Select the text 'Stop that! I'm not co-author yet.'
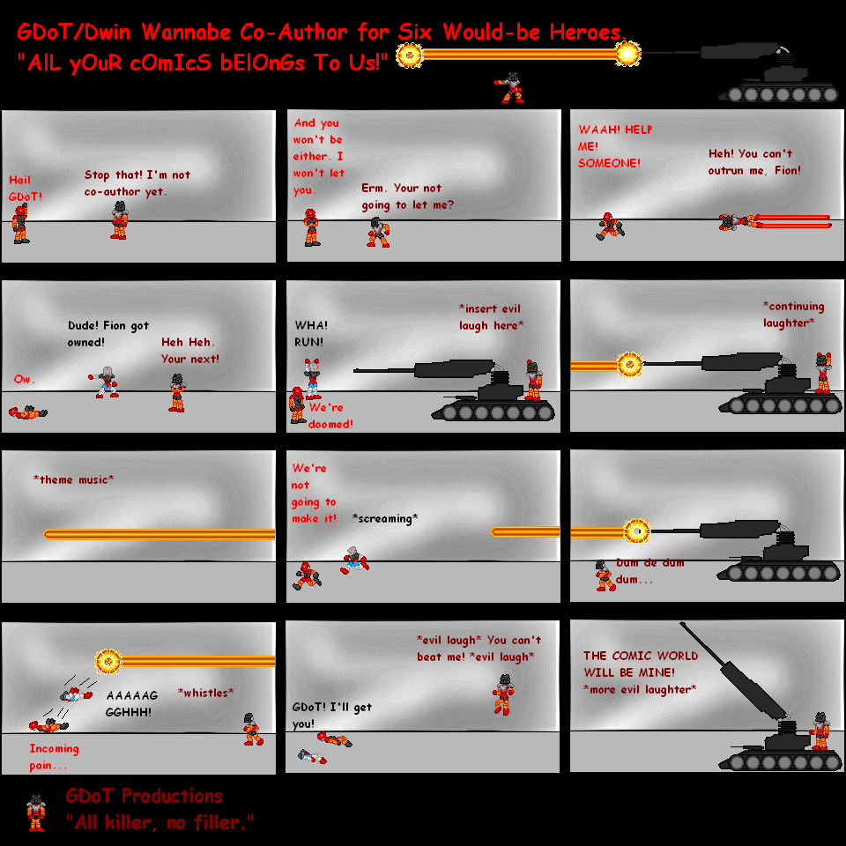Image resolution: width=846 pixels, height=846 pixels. click(137, 182)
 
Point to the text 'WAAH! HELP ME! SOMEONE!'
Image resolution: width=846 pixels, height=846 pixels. click(614, 145)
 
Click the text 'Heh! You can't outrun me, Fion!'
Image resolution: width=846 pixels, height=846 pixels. click(754, 161)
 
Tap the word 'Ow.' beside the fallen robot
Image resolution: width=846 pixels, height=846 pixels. click(24, 379)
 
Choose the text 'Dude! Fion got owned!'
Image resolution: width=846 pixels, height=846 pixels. click(108, 333)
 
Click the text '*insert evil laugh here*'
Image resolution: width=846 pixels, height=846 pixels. click(491, 317)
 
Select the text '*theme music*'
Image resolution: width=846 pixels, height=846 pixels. click(73, 479)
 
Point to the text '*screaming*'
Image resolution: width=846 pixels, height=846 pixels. click(384, 518)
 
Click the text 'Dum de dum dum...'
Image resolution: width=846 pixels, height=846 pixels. click(649, 571)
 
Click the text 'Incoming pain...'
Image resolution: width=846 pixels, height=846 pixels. click(54, 757)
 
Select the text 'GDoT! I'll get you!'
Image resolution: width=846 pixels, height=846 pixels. click(333, 715)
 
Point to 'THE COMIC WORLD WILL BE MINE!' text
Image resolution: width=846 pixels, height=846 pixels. click(640, 664)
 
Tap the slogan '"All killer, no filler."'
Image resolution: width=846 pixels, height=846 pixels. click(160, 822)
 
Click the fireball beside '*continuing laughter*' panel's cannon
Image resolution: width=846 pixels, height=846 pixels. click(629, 364)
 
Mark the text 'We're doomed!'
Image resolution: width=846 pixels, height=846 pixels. click(330, 415)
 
